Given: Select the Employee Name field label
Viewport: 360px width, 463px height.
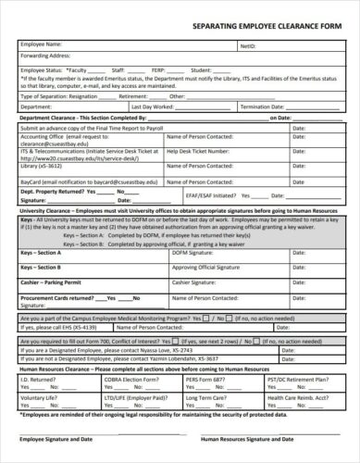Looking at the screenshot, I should click(x=41, y=43).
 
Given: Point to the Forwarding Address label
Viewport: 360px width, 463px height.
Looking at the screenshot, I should click(x=45, y=55).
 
